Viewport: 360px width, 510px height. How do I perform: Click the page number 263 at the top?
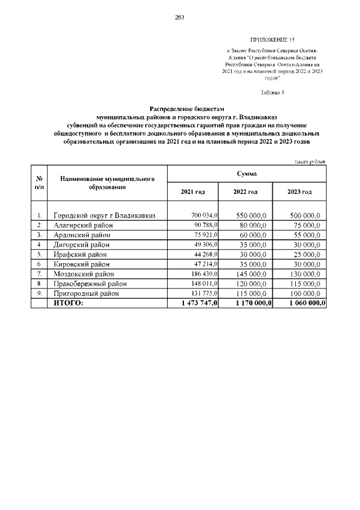[180, 17]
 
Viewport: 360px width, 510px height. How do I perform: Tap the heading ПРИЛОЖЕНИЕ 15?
[272, 40]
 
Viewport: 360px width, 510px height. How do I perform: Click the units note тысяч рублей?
[310, 162]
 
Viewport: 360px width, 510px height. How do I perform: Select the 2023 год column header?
[299, 192]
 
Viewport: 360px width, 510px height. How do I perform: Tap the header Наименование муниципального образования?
[107, 183]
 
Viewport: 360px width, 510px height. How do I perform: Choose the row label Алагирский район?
[83, 225]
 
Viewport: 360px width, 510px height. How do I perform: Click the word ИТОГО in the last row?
[67, 303]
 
